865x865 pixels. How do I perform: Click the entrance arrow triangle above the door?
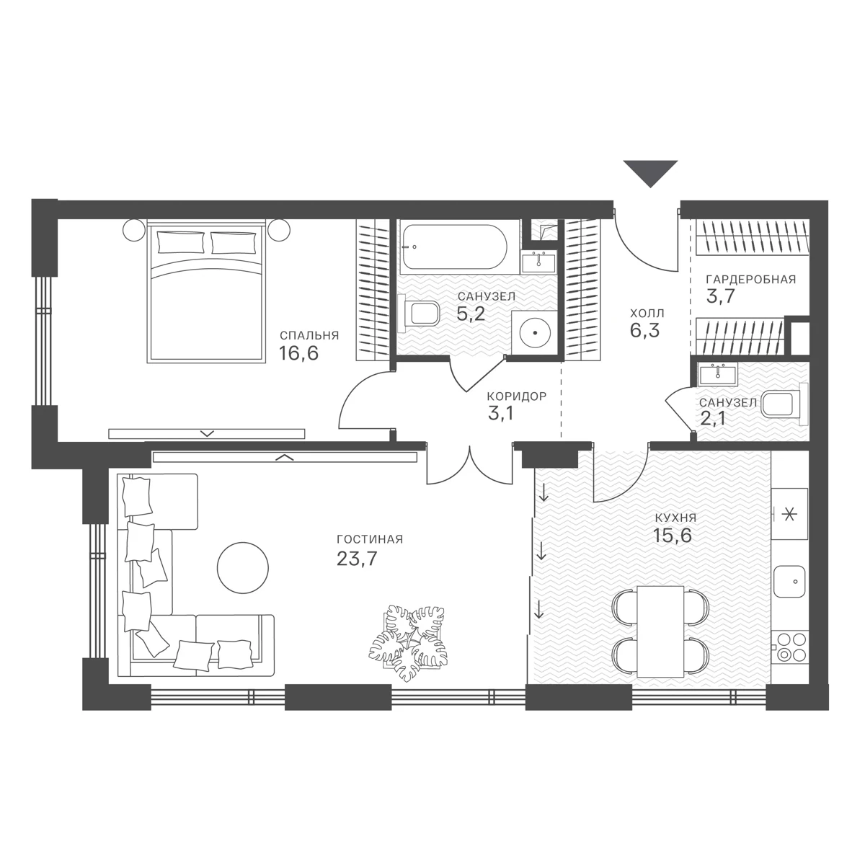click(x=650, y=172)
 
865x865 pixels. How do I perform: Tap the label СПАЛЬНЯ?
click(x=309, y=335)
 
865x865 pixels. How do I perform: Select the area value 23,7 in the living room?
click(x=357, y=559)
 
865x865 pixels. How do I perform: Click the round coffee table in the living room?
click(x=243, y=568)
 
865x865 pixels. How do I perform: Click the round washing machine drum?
click(x=535, y=332)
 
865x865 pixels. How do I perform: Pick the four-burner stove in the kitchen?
click(x=791, y=646)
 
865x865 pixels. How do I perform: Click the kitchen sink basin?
click(x=789, y=581)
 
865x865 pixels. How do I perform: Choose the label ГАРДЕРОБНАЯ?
click(x=751, y=279)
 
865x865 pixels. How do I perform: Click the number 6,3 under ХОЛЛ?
click(x=644, y=331)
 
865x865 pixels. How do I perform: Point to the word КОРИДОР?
click(x=517, y=396)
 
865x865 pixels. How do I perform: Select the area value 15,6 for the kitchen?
click(x=673, y=535)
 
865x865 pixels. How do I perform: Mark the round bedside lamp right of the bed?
click(x=279, y=229)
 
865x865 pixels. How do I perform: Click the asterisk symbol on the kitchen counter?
click(x=789, y=515)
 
